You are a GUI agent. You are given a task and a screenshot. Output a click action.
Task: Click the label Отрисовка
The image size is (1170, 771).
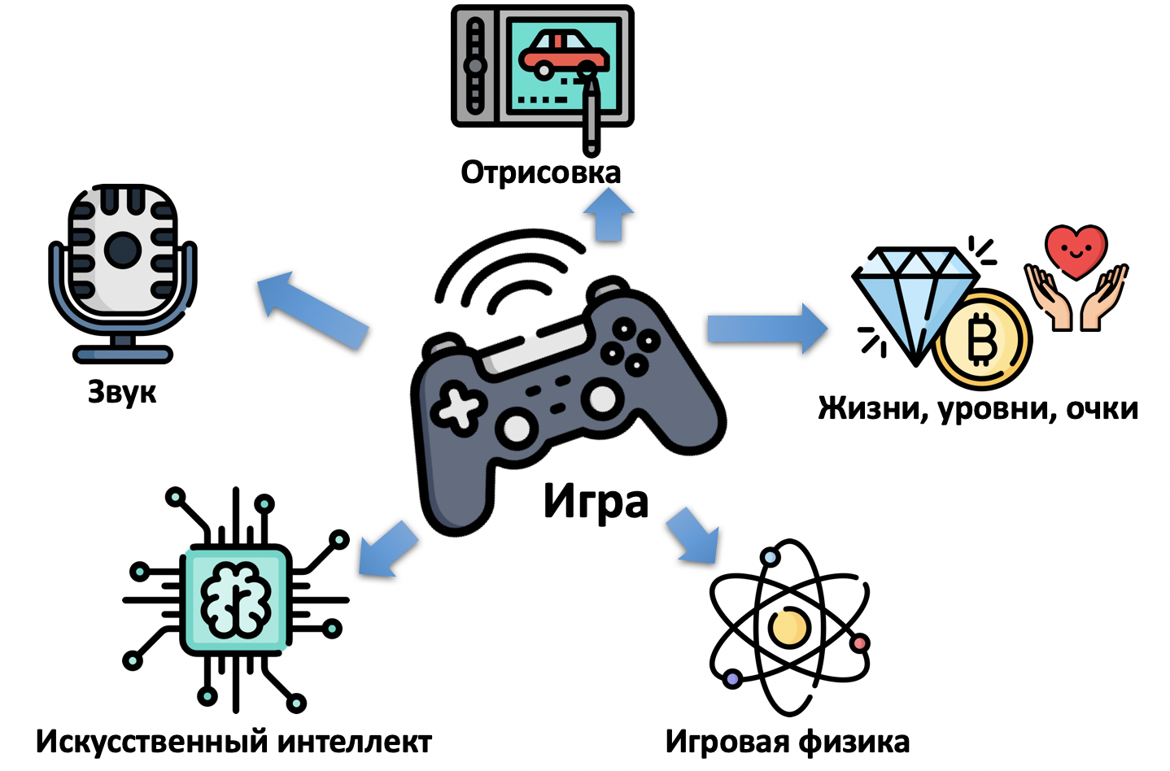point(540,172)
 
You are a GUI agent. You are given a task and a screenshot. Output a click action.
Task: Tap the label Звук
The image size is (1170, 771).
point(122,392)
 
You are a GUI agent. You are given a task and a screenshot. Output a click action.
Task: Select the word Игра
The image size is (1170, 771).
point(596,501)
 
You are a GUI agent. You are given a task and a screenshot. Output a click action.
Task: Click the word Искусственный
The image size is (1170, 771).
point(152,742)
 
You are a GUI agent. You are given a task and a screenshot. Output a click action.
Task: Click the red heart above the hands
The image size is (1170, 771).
point(1076,250)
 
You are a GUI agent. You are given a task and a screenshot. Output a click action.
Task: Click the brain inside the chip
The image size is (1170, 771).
point(236,600)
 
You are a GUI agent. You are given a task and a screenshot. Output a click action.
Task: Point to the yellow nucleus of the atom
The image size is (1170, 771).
point(788,626)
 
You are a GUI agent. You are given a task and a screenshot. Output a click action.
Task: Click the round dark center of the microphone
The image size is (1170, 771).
point(123,249)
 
